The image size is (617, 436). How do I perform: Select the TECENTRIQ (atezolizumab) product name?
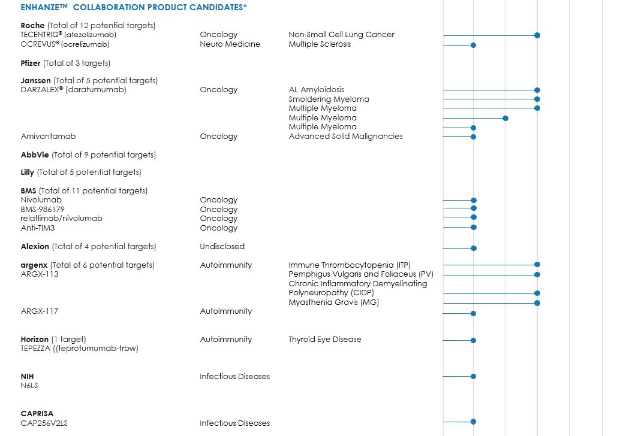click(68, 35)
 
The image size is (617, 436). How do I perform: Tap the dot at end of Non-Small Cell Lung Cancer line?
click(537, 35)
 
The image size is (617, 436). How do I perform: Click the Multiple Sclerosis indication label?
click(320, 44)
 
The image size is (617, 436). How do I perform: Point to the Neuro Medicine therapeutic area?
click(230, 44)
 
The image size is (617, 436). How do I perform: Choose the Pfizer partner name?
click(31, 63)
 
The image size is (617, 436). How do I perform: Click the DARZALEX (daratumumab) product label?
click(73, 90)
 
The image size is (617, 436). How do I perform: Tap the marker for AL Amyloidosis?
click(537, 90)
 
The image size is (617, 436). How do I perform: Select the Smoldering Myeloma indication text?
click(329, 99)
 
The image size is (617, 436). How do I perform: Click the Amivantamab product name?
click(48, 137)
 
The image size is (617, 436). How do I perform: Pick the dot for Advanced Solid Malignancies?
click(473, 137)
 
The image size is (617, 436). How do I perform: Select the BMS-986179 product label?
click(43, 210)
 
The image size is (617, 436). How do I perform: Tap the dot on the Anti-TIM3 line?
click(473, 227)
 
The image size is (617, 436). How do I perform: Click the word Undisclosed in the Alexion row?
click(222, 246)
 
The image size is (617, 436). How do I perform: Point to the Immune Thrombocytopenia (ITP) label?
click(350, 265)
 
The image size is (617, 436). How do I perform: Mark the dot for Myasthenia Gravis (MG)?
click(537, 303)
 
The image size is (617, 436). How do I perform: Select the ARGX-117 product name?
click(40, 311)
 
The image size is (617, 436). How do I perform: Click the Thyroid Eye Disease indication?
click(325, 340)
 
